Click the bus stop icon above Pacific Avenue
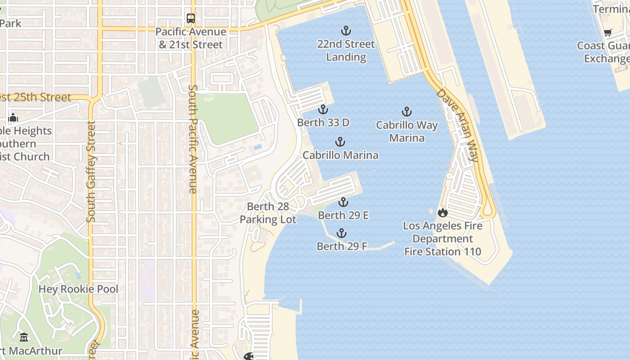point(191,18)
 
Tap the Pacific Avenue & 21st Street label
point(191,38)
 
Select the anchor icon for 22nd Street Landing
point(346,31)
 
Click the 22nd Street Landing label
point(346,50)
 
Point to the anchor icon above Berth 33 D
point(323,109)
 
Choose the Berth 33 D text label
point(323,122)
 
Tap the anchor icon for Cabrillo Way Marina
point(406,112)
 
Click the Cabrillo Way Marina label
point(406,131)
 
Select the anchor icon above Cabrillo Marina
point(340,142)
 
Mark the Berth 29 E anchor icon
point(343,202)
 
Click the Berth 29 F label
point(342,246)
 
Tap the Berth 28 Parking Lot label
point(268,213)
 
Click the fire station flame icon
point(443,212)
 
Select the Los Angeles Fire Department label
point(443,238)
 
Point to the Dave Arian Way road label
point(457,125)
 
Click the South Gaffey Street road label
point(91,171)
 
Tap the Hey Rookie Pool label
point(78,289)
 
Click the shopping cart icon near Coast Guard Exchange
point(607,32)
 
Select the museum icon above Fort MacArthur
point(24,337)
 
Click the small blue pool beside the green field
point(257,147)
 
